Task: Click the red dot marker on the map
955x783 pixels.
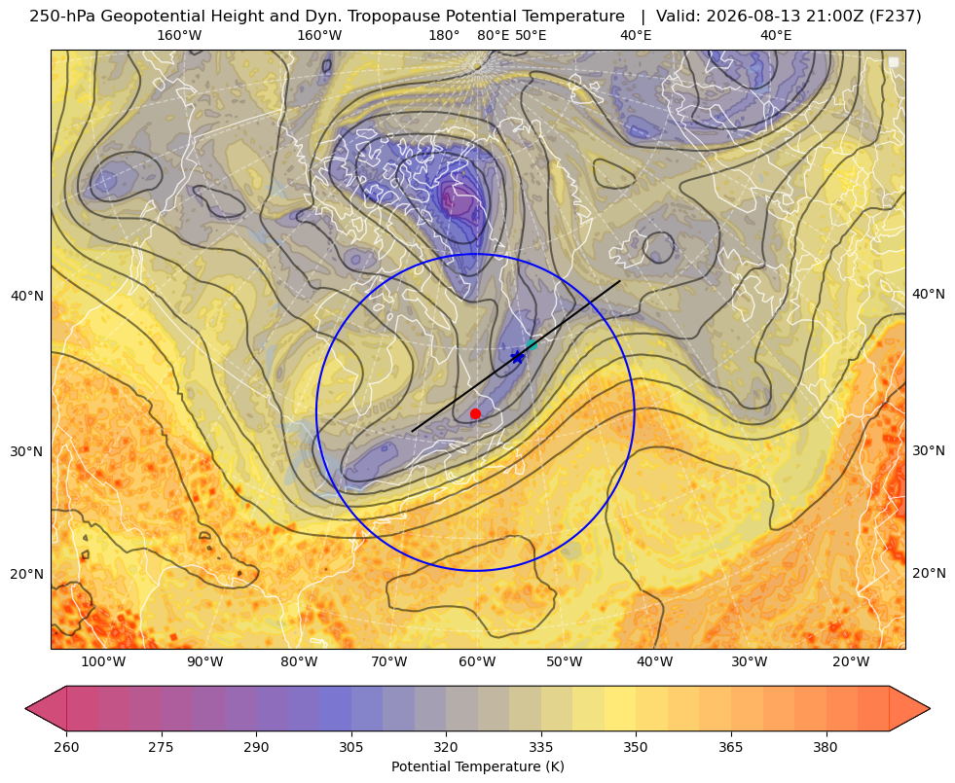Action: click(476, 413)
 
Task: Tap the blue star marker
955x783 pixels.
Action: click(518, 357)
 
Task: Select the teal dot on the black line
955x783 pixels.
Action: click(532, 344)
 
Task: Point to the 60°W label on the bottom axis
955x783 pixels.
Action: click(477, 662)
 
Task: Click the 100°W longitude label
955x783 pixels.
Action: click(103, 662)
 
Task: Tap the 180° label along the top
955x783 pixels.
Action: click(445, 35)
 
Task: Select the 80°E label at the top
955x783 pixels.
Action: click(494, 35)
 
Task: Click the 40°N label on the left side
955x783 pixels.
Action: click(28, 297)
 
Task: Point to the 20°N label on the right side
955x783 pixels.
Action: click(929, 573)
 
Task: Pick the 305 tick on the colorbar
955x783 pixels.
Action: click(351, 747)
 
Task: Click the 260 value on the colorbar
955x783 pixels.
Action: click(66, 747)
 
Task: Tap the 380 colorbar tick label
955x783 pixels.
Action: click(826, 747)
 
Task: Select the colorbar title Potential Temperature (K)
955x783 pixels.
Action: click(478, 766)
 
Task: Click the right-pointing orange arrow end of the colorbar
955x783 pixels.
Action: click(910, 708)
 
